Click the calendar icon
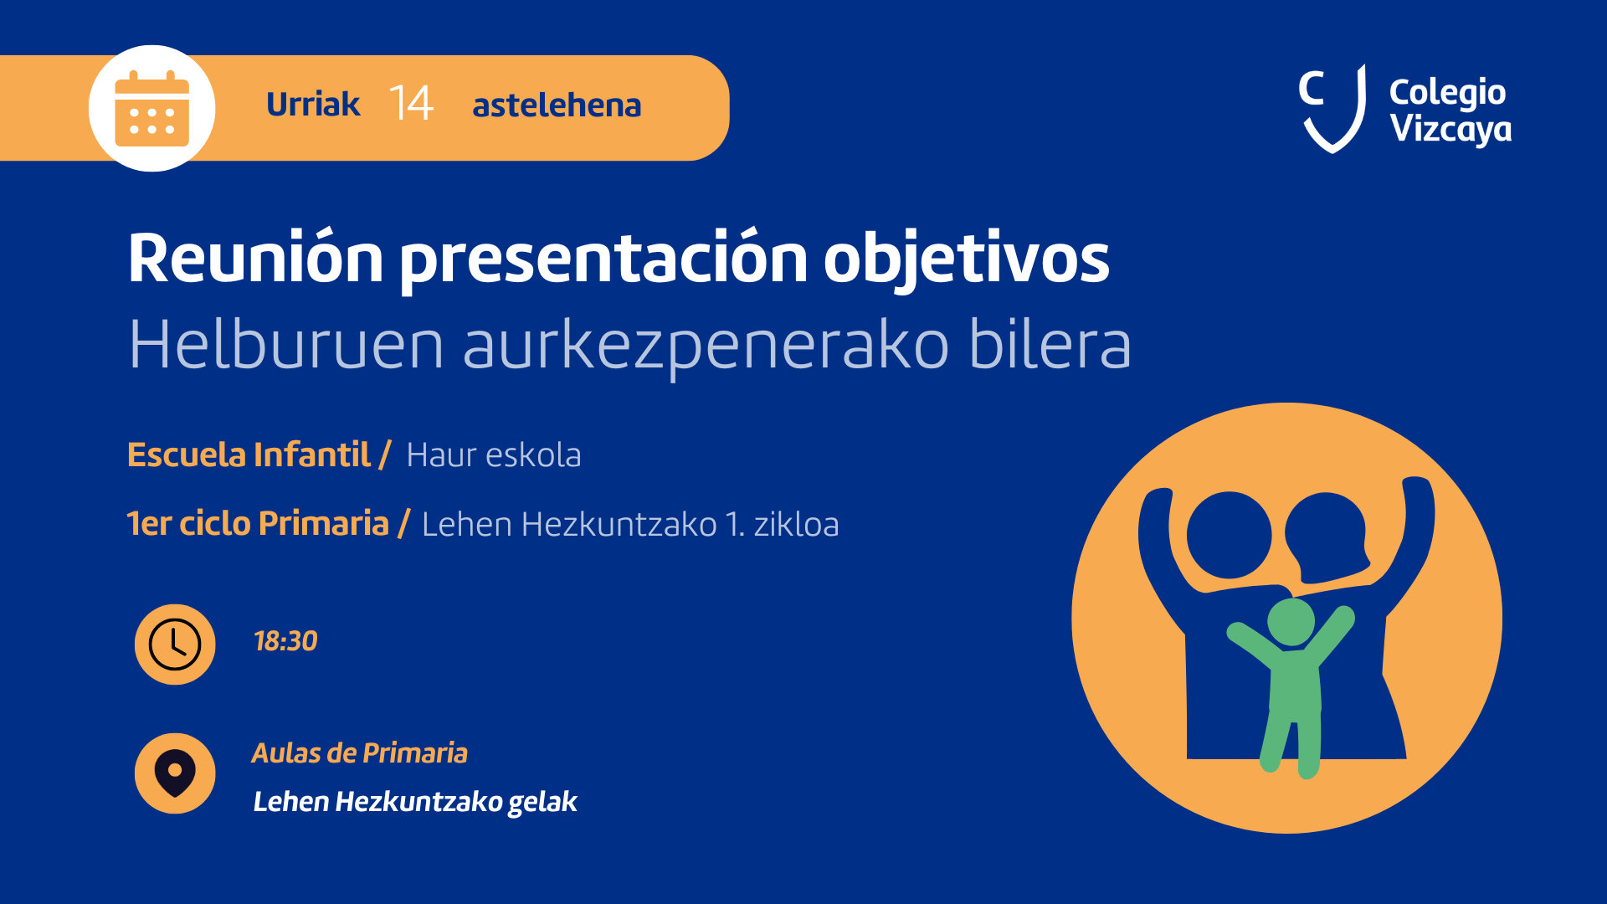[x=151, y=109]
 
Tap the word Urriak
[x=313, y=105]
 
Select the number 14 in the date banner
[x=411, y=104]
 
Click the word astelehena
[x=557, y=105]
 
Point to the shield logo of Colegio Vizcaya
[x=1332, y=110]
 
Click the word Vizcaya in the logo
[x=1450, y=130]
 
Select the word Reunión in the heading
[x=255, y=258]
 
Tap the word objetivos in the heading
[x=967, y=259]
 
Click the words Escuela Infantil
[x=249, y=455]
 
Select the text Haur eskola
[x=494, y=455]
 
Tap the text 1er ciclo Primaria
[x=258, y=524]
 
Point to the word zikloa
[x=796, y=525]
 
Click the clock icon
[x=175, y=645]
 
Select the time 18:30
[x=285, y=641]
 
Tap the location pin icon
[x=175, y=773]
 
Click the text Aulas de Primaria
[x=360, y=753]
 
